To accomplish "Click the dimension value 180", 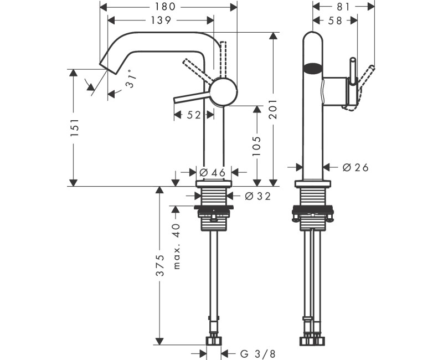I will (x=166, y=7).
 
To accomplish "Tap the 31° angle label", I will (x=130, y=79).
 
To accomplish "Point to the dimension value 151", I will (x=75, y=128).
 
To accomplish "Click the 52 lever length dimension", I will (x=194, y=115).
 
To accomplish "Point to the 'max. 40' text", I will (x=177, y=246).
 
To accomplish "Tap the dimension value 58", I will (x=335, y=20).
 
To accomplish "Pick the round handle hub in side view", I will (x=224, y=91).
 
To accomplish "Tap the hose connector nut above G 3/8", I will (x=213, y=339).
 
